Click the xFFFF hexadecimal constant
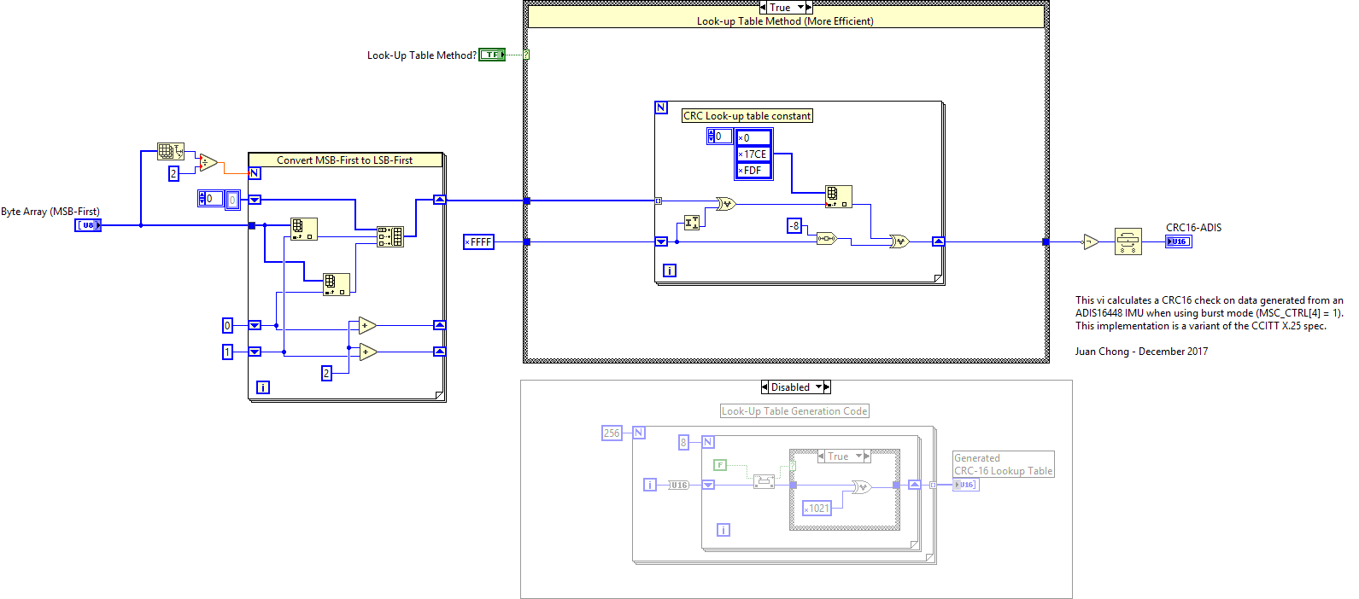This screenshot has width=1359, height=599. (x=478, y=242)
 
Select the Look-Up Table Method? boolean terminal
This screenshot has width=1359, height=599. (x=492, y=55)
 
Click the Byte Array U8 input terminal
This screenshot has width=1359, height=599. (x=88, y=225)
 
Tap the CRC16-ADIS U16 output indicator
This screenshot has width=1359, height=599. (x=1178, y=241)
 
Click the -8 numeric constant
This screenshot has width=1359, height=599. (x=794, y=225)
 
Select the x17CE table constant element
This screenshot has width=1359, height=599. (x=753, y=154)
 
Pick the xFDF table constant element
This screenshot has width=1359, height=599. (x=753, y=171)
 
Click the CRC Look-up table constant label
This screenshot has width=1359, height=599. (x=747, y=116)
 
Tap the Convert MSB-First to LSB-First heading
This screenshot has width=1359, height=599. (x=344, y=160)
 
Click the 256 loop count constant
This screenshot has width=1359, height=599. (x=612, y=433)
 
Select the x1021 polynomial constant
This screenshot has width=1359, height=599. (x=817, y=509)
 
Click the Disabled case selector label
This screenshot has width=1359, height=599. (x=790, y=387)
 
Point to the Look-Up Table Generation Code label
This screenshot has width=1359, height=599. (x=794, y=411)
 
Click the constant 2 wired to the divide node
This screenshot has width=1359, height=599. (x=173, y=173)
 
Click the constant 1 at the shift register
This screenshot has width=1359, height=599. (x=227, y=352)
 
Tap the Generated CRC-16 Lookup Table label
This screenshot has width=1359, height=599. (x=1003, y=464)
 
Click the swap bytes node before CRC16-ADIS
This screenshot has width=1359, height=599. (x=1128, y=241)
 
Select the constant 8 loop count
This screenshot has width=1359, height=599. (x=683, y=442)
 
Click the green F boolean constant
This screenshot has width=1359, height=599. (x=720, y=465)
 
